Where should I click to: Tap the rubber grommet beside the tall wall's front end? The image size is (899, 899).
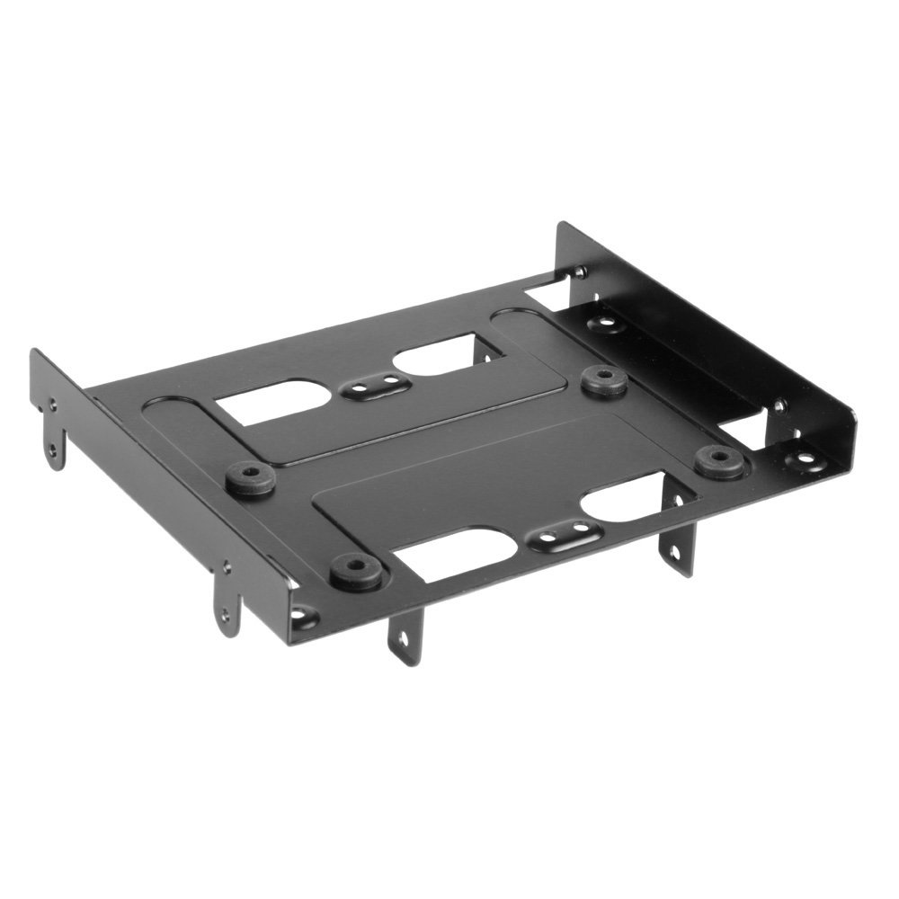(x=718, y=461)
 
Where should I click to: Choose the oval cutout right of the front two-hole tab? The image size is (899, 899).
(x=629, y=508)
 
